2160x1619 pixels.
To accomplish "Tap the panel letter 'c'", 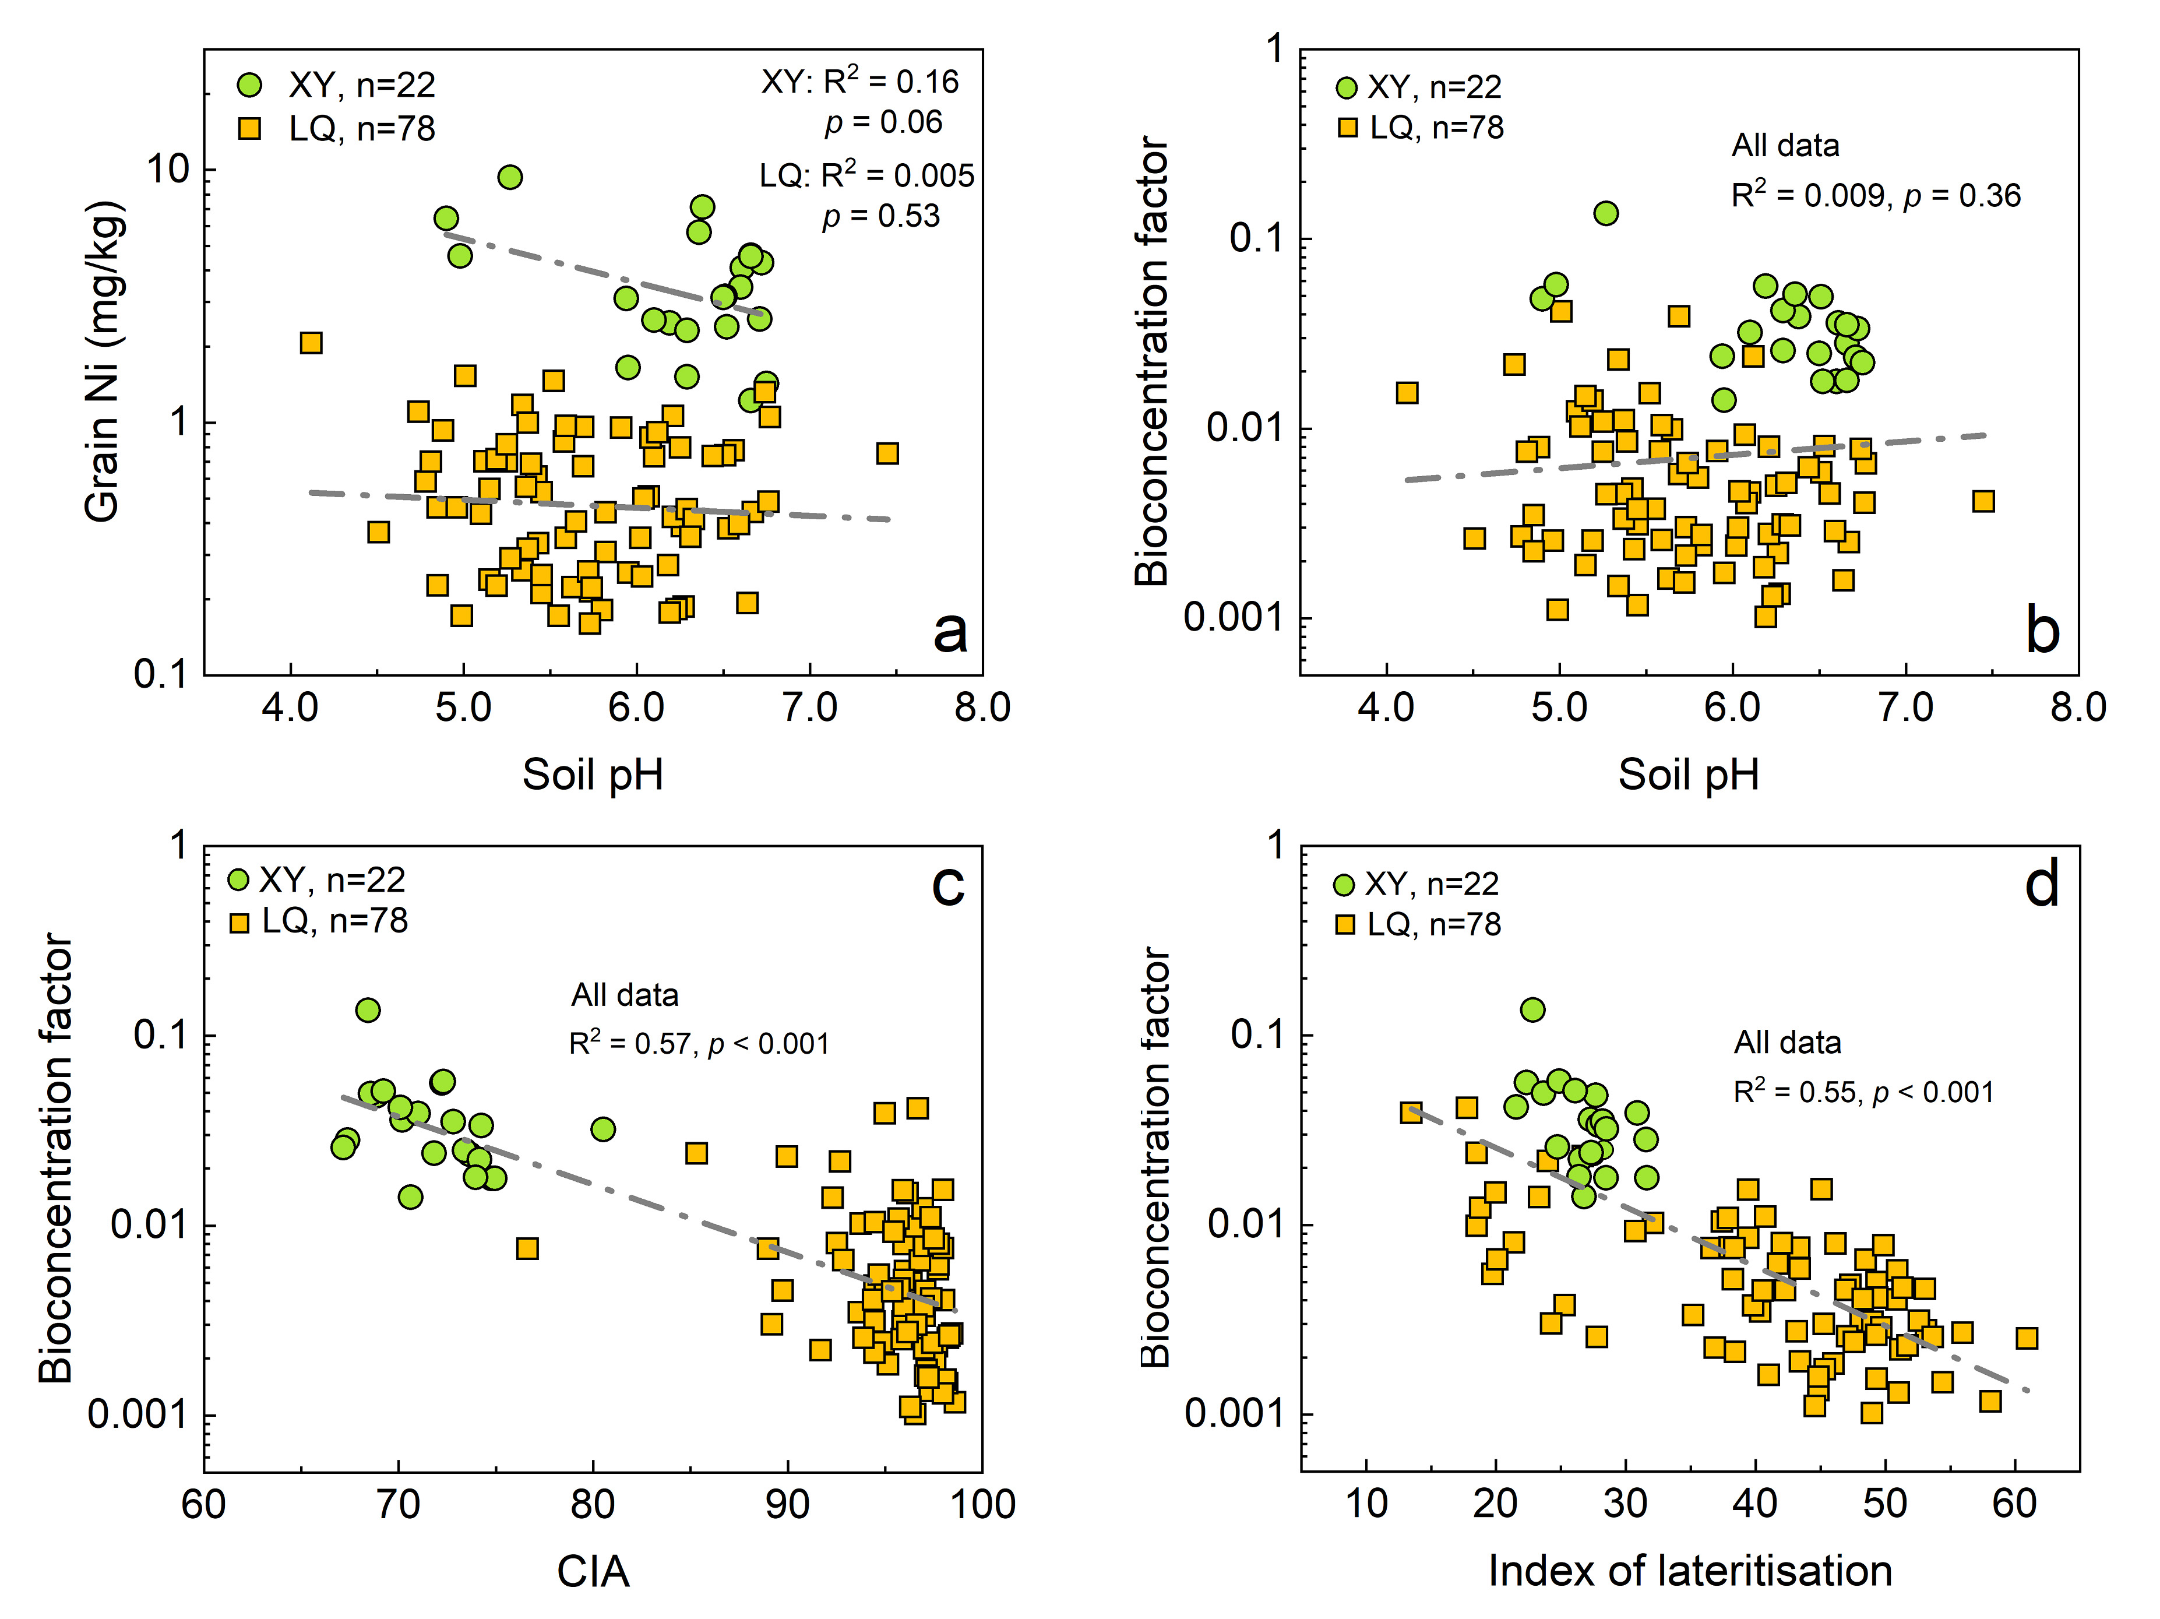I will (947, 885).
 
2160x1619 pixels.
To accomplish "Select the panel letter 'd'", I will (2042, 885).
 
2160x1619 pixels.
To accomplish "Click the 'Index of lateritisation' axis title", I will (1689, 1570).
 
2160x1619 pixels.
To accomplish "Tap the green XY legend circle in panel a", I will (250, 85).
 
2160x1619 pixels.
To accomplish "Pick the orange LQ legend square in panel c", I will (239, 922).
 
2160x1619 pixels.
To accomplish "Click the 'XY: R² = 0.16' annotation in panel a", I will (859, 82).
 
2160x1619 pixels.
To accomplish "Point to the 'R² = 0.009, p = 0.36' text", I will (1875, 195).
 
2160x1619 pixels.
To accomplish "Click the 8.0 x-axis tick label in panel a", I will (981, 707).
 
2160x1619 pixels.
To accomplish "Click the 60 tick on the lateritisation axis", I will (2014, 1504).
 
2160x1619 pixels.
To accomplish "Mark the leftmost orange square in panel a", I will (311, 343).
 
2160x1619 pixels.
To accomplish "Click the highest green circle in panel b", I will (1605, 213).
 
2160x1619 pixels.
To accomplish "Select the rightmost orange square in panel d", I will (2026, 1338).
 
